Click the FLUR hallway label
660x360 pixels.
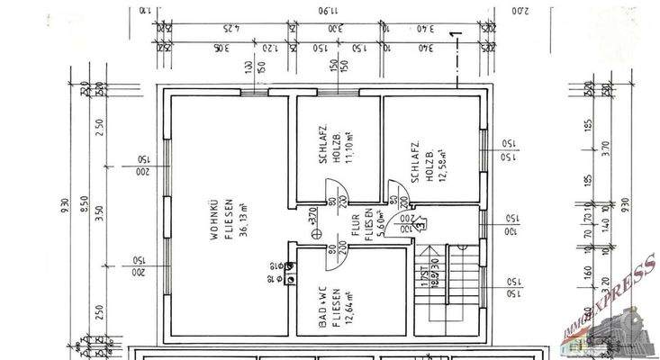tap(356, 225)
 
